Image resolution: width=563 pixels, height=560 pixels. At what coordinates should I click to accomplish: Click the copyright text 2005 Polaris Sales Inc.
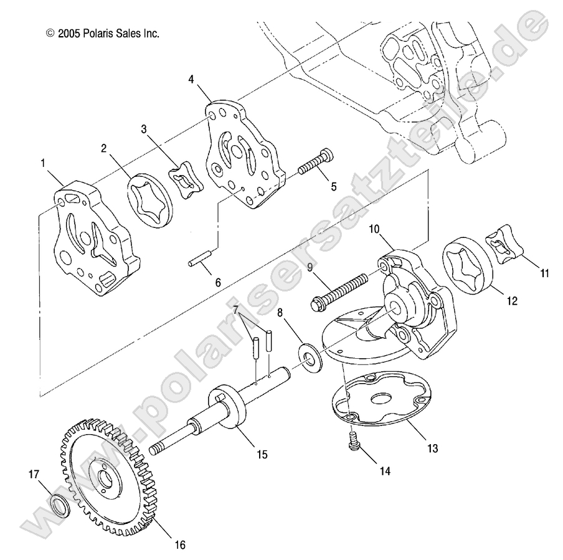point(103,33)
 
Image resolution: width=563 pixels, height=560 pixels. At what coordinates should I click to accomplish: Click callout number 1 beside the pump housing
point(43,164)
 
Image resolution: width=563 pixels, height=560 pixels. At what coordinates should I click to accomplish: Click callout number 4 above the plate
point(191,79)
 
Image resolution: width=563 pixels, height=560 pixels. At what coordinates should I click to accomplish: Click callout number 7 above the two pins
point(235,310)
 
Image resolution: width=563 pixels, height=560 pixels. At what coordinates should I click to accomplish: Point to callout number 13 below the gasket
point(432,448)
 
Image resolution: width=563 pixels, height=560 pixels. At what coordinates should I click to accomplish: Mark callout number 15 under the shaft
point(262,454)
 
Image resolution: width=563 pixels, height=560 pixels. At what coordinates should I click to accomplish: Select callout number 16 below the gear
point(179,544)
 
